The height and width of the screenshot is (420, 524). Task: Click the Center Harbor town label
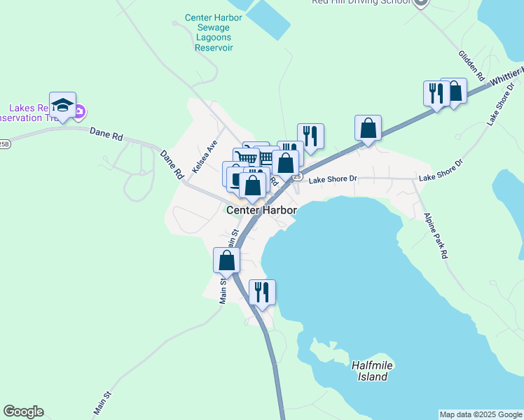click(261, 210)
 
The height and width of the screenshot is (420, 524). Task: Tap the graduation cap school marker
click(62, 106)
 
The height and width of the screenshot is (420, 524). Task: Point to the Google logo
click(23, 412)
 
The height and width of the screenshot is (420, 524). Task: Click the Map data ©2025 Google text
click(480, 414)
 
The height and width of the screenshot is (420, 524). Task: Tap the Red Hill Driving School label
click(361, 3)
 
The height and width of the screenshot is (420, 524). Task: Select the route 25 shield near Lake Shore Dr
click(298, 177)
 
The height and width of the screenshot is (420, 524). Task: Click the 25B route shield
click(4, 144)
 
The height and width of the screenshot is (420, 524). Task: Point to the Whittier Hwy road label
click(507, 76)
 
